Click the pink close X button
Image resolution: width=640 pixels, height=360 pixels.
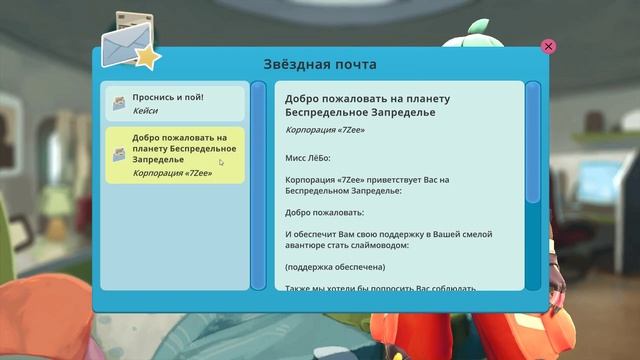[x=548, y=46]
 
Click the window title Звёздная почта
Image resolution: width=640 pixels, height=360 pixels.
[x=320, y=64]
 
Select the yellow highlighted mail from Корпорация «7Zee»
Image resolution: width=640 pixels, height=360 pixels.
[x=175, y=154]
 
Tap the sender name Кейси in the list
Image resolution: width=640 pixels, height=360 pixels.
[x=145, y=111]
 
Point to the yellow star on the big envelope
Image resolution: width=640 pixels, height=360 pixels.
[x=147, y=57]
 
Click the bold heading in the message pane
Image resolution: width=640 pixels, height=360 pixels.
[x=367, y=106]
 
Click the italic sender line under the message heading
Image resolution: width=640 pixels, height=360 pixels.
[x=325, y=130]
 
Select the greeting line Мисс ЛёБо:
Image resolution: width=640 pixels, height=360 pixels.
[x=313, y=156]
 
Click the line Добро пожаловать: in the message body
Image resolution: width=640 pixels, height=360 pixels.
[x=321, y=212]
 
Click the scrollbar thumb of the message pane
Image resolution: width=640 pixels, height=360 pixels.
[x=533, y=180]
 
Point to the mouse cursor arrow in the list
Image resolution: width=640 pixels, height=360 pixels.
[x=222, y=162]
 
